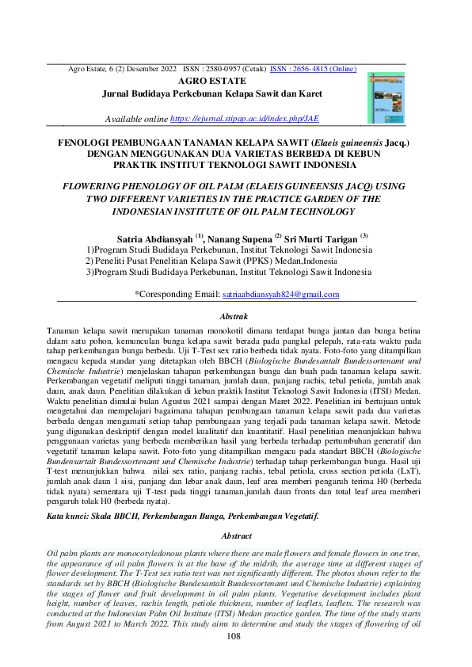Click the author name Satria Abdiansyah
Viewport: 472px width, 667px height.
coord(154,237)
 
